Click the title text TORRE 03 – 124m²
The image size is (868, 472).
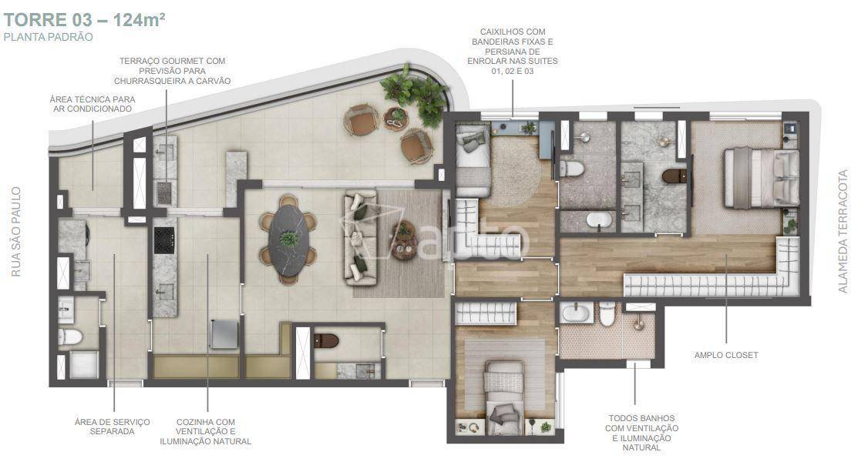pos(84,20)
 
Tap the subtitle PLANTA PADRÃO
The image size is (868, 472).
pos(48,38)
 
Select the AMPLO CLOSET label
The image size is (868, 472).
pos(726,356)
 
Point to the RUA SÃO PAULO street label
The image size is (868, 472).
pos(16,232)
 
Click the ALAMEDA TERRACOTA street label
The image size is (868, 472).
pos(843,231)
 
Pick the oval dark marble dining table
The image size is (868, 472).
pos(288,239)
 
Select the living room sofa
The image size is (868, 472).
pos(361,238)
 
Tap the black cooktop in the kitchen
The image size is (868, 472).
pos(164,240)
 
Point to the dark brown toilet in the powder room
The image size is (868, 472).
pos(326,340)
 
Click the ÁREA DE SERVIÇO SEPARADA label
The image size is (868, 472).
pos(113,427)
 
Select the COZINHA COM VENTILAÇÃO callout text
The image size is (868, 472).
pos(205,432)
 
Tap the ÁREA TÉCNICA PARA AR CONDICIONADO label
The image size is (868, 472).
pos(93,104)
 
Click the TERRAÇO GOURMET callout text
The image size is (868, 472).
pos(172,71)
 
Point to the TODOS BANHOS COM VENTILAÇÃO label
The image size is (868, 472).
pos(641,433)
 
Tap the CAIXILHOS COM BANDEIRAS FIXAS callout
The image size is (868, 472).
pos(513,52)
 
